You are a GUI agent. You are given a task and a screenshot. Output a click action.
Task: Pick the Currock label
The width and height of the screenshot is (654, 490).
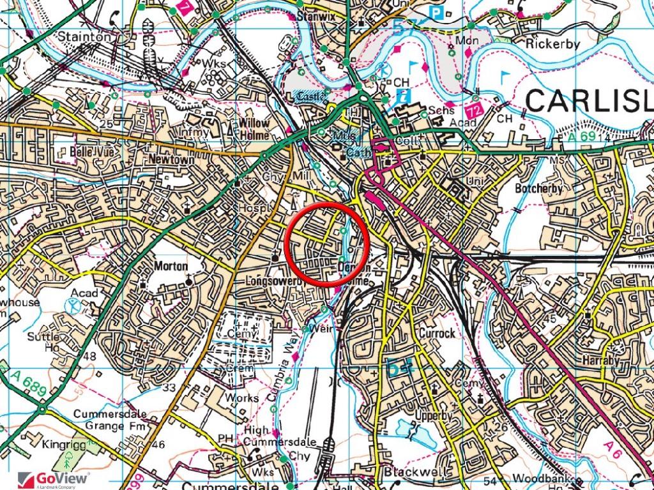[437, 333]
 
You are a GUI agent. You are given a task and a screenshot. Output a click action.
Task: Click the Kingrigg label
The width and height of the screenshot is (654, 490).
[64, 443]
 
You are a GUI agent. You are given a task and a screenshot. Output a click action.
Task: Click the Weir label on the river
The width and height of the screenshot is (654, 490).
[319, 329]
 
